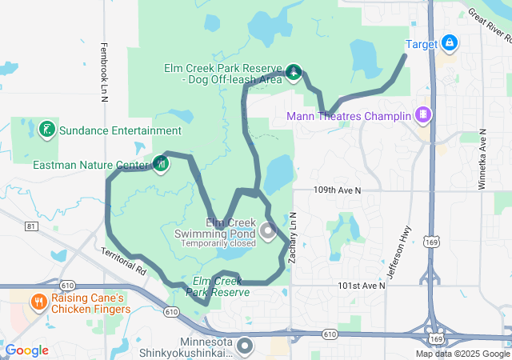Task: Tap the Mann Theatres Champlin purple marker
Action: (x=422, y=116)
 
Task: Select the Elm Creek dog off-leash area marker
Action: (x=294, y=74)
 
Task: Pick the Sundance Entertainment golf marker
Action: (x=46, y=130)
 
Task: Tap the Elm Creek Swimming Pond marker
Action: (x=266, y=231)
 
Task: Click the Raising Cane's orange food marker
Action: (x=38, y=302)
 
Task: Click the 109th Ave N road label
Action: (x=337, y=191)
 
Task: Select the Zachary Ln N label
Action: (x=294, y=238)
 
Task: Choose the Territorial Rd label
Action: (x=124, y=262)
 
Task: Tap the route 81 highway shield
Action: (x=31, y=227)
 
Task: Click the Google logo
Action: (x=26, y=350)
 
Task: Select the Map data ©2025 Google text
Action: (x=462, y=354)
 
